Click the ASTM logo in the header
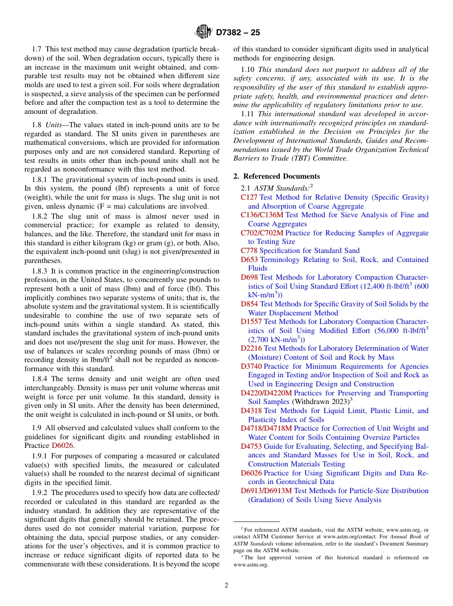[203, 32]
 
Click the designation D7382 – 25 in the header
[238, 33]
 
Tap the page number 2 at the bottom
[226, 586]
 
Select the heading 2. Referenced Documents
[277, 176]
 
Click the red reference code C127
[249, 197]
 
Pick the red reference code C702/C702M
[262, 233]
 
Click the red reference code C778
[249, 251]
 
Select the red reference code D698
[249, 277]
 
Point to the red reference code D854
[249, 304]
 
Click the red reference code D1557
[251, 322]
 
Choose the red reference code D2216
[251, 348]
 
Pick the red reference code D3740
[251, 366]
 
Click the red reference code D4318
[251, 411]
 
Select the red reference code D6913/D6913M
[266, 491]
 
